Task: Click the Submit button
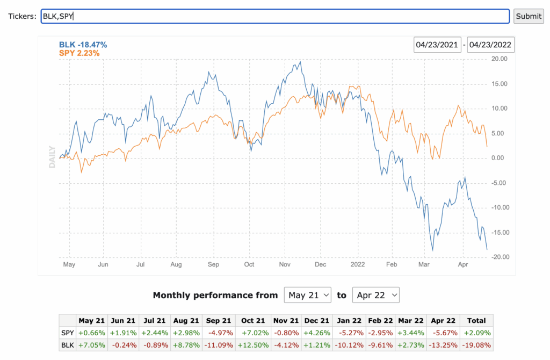point(529,16)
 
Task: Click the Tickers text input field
point(275,16)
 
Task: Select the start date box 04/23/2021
point(437,45)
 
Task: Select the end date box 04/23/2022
point(491,45)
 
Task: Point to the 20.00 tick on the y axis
point(499,59)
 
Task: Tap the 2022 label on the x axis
point(357,265)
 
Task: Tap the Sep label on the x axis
point(213,265)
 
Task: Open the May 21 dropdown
point(307,295)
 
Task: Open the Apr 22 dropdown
point(375,295)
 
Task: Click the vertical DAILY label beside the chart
point(52,157)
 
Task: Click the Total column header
point(476,321)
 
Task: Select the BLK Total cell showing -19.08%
point(476,344)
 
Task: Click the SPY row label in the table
point(68,333)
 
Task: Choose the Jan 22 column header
point(349,321)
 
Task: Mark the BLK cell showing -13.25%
point(444,344)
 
